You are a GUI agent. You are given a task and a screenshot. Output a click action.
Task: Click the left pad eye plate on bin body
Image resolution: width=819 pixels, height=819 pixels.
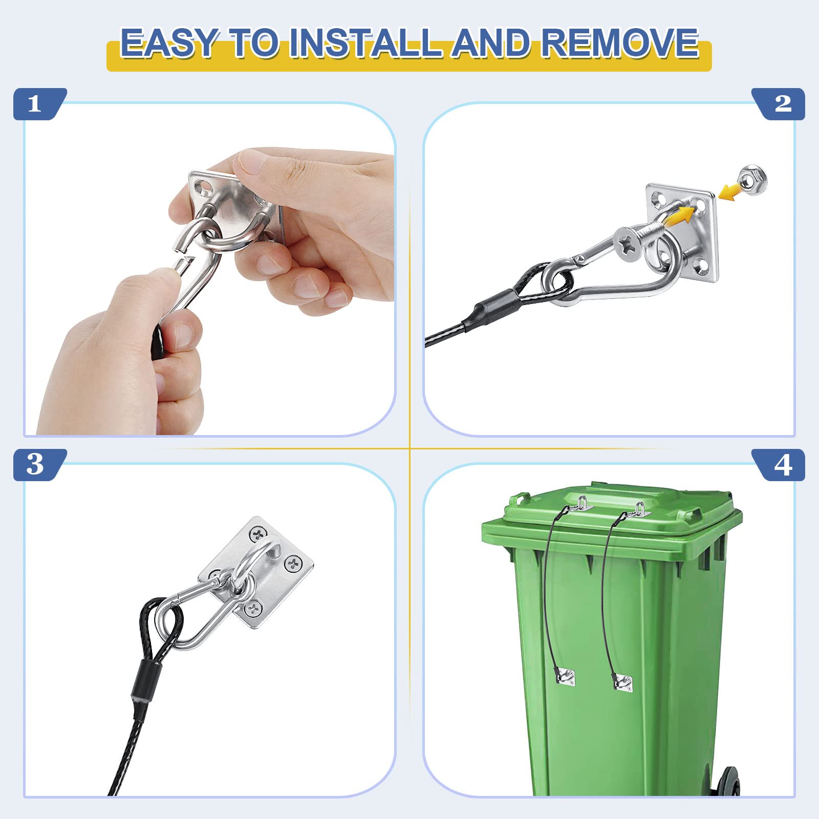pos(565,677)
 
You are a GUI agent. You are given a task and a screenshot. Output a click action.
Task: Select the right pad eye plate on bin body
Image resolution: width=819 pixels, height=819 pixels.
pos(623,682)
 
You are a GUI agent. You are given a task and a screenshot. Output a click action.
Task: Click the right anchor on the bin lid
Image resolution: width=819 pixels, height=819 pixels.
pos(639,510)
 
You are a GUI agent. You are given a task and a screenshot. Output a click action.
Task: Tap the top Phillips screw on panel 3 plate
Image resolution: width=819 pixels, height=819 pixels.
pos(258,534)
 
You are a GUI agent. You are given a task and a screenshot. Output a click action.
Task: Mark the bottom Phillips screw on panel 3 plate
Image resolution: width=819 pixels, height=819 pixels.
pos(253,608)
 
